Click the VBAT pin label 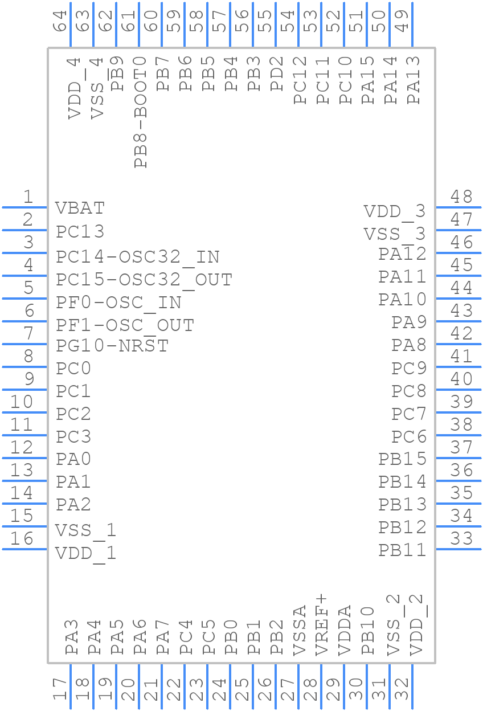tap(80, 208)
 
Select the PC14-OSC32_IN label tap(137, 257)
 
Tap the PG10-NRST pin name tap(112, 346)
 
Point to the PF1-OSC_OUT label tap(125, 325)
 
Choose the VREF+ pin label tap(322, 624)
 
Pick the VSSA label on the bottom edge tap(299, 630)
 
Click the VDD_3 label tap(395, 212)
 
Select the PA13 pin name tap(414, 79)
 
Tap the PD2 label tap(277, 73)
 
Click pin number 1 tap(28, 197)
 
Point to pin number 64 tap(60, 22)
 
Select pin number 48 tap(461, 197)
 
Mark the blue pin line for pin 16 tap(24, 549)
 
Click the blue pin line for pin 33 tap(458, 549)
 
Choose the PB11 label tap(402, 550)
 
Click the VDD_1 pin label tap(86, 553)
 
